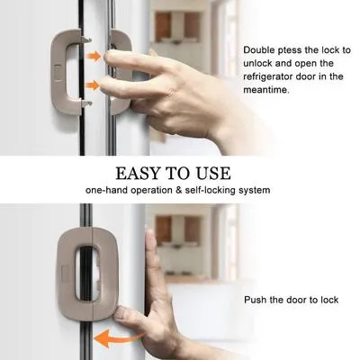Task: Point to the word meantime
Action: click(x=266, y=90)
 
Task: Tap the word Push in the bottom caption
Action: click(x=254, y=300)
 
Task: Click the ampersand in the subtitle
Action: click(x=179, y=190)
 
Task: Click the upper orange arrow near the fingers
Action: click(x=94, y=56)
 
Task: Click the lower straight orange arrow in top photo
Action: click(x=93, y=85)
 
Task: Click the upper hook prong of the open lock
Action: click(x=85, y=39)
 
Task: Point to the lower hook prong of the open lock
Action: click(x=86, y=103)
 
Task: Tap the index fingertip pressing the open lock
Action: click(x=110, y=56)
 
